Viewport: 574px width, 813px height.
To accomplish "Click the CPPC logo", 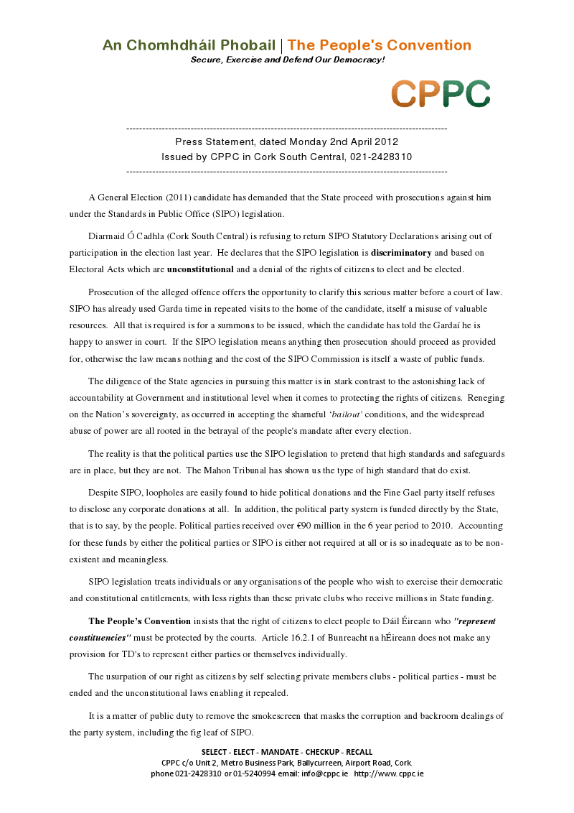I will pyautogui.click(x=441, y=93).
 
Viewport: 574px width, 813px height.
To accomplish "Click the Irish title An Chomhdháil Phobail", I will pyautogui.click(x=189, y=45).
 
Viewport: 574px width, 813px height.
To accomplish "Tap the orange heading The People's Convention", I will pyautogui.click(x=380, y=45).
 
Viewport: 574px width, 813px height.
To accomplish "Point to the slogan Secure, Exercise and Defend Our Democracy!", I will pyautogui.click(x=288, y=60).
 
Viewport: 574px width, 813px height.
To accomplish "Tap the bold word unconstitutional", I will pyautogui.click(x=200, y=269).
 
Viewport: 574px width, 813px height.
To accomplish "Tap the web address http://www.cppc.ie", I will pyautogui.click(x=389, y=773).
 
